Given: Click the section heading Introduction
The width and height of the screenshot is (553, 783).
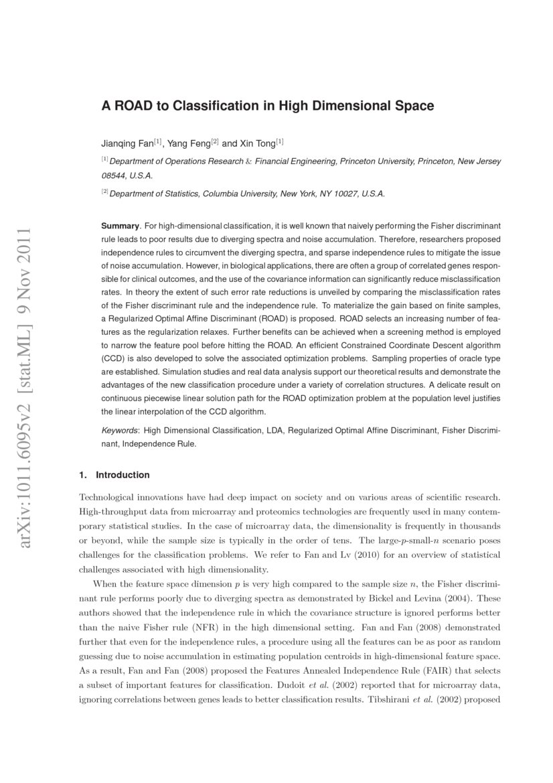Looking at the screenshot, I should point(123,475).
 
